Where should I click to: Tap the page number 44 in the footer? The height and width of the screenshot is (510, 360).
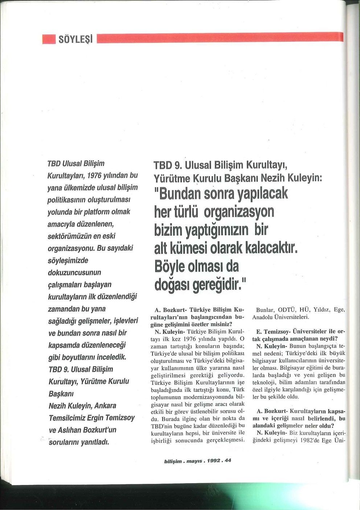click(x=228, y=461)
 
